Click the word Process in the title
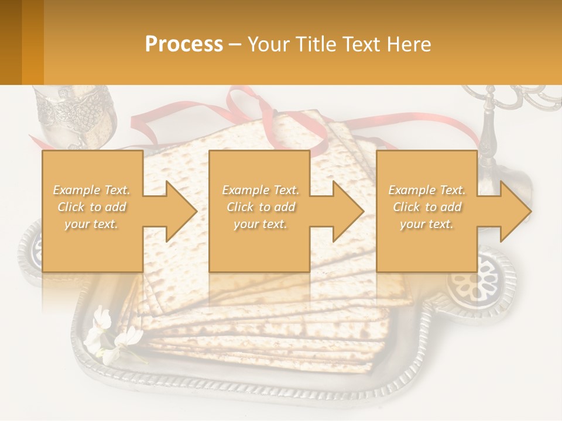(x=184, y=44)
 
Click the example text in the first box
(x=92, y=207)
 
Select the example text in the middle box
(x=260, y=207)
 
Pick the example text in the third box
(x=427, y=207)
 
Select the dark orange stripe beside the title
(x=32, y=42)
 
